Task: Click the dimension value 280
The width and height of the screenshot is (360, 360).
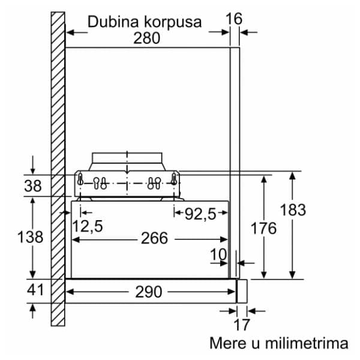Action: (147, 38)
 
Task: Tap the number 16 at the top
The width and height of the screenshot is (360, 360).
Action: (234, 19)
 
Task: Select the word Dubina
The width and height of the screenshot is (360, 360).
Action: (113, 22)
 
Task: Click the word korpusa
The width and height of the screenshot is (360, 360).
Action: (173, 23)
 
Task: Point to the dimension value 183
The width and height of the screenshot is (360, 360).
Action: (293, 209)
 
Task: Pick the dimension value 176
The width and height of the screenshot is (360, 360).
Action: (263, 228)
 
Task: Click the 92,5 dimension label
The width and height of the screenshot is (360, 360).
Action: (200, 214)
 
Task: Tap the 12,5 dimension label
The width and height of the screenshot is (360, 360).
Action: (88, 226)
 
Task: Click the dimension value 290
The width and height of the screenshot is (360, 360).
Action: (149, 292)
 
